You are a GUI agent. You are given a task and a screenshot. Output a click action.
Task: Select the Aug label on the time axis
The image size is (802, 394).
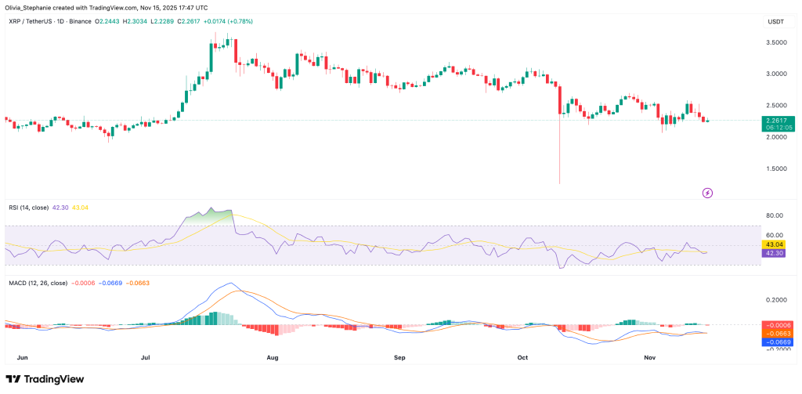(x=272, y=356)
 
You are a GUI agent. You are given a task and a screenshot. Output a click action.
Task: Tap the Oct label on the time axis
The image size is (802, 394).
(x=523, y=356)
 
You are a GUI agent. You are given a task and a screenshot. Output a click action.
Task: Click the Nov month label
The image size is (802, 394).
(x=649, y=356)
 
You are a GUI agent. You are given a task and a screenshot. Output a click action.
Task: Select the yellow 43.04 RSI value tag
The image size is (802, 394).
(x=775, y=244)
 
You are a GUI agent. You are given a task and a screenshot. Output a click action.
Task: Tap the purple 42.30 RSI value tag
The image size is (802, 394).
(x=775, y=253)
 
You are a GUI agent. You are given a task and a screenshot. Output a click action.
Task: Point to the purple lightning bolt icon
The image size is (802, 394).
(x=707, y=192)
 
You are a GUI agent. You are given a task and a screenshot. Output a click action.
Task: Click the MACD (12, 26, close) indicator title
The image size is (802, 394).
(x=38, y=284)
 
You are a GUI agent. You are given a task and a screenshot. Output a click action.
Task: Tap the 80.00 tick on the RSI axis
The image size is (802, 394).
(x=775, y=215)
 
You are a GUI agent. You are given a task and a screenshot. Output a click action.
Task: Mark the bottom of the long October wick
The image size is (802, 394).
(x=560, y=184)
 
